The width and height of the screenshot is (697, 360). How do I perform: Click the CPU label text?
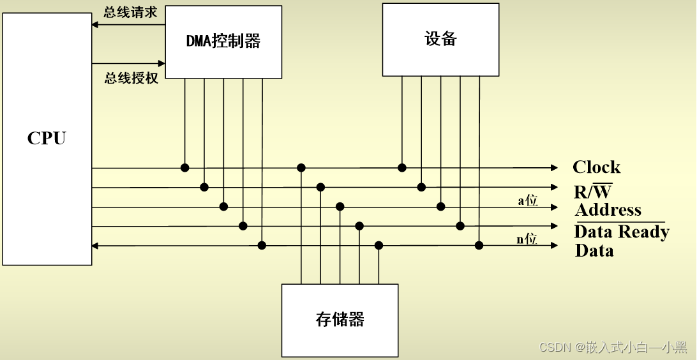click(47, 139)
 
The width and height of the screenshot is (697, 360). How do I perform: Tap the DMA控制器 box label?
click(223, 41)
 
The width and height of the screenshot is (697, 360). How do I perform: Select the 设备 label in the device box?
click(440, 39)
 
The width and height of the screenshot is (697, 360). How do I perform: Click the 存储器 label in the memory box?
click(340, 319)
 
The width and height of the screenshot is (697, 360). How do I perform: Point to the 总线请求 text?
click(130, 12)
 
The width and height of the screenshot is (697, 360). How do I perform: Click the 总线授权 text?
click(131, 79)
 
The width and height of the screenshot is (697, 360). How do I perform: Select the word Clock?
click(596, 167)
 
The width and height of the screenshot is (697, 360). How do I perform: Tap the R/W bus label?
click(593, 191)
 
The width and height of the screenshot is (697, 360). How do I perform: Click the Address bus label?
click(608, 210)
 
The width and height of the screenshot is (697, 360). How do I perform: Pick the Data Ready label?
click(621, 231)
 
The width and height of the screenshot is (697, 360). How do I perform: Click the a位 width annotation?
click(527, 201)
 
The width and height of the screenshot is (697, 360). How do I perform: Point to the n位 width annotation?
click(527, 240)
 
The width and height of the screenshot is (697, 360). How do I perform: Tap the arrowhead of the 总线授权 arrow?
click(161, 63)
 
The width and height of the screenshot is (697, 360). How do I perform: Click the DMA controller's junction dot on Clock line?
click(184, 168)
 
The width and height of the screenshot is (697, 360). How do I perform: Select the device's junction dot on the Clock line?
click(402, 168)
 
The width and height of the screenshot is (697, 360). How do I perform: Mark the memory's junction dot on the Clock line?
click(301, 168)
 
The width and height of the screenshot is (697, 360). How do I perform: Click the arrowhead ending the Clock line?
click(554, 168)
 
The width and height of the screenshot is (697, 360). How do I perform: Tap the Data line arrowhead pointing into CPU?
click(96, 245)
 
